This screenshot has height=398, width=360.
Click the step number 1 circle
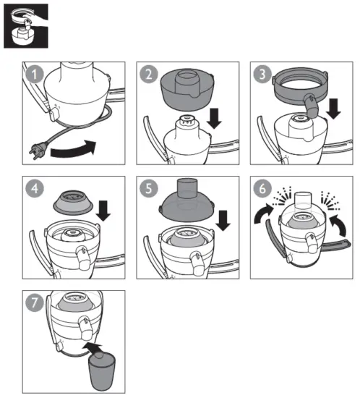(35, 75)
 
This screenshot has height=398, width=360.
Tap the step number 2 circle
(149, 75)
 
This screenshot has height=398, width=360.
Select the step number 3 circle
(262, 75)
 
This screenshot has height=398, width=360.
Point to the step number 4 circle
(35, 189)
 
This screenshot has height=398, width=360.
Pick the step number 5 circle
(149, 189)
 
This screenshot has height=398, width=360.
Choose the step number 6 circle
(262, 189)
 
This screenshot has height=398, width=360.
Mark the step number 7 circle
(35, 302)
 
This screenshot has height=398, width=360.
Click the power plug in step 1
(38, 151)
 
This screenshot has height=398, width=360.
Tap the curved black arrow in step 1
(74, 150)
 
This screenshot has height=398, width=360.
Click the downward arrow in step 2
(214, 119)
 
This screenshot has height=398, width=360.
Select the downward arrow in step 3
(333, 109)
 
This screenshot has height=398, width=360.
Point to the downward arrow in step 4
(103, 211)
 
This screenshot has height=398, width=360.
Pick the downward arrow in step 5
(223, 221)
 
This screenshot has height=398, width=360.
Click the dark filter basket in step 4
(73, 203)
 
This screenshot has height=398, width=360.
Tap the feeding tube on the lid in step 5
(187, 188)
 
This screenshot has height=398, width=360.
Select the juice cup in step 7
(102, 371)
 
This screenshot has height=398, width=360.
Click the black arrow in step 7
(94, 348)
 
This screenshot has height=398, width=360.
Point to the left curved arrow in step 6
(263, 213)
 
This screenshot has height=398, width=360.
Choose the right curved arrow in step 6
(339, 224)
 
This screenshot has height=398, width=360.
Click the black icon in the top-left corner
(26, 26)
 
